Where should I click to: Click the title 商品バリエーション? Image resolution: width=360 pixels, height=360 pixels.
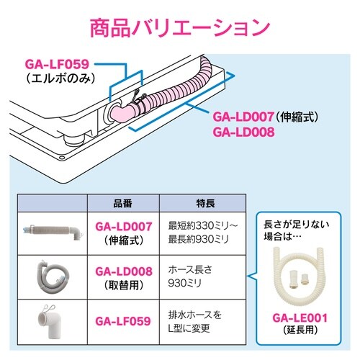coord(179,27)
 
